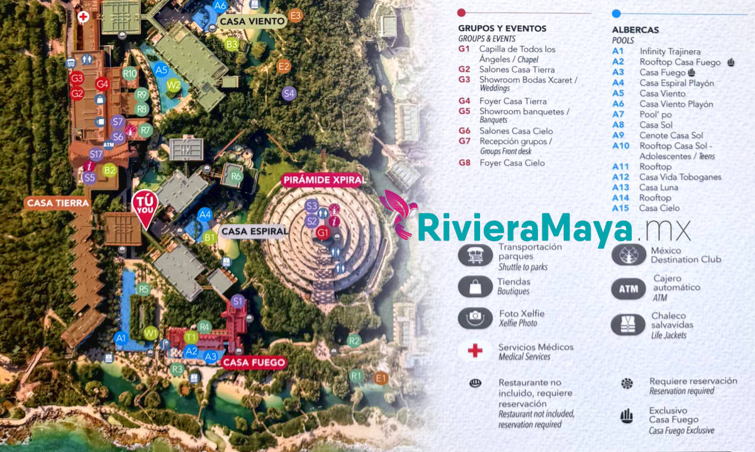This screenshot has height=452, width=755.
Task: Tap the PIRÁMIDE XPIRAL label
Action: tap(324, 180)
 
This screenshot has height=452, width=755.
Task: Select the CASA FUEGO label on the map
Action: tap(254, 363)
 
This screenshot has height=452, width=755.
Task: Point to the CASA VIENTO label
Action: tap(252, 21)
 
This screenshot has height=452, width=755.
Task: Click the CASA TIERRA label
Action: tap(57, 203)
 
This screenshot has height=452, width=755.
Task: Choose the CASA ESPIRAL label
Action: tap(255, 231)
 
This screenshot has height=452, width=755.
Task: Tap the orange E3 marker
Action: tap(295, 16)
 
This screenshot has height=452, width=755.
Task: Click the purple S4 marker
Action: tap(289, 94)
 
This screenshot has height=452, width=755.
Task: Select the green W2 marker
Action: tap(174, 85)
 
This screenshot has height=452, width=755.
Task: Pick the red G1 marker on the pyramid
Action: tap(323, 234)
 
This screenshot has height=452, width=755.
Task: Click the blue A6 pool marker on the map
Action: tap(220, 6)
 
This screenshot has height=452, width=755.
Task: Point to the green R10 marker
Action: tap(130, 73)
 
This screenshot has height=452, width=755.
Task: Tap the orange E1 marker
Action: tap(380, 378)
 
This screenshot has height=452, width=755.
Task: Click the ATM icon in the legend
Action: tap(629, 289)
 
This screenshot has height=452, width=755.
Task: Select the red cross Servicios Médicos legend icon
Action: tap(475, 351)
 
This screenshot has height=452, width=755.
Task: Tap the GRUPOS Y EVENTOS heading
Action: tap(502, 28)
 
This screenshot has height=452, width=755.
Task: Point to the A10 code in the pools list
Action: tap(621, 146)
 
